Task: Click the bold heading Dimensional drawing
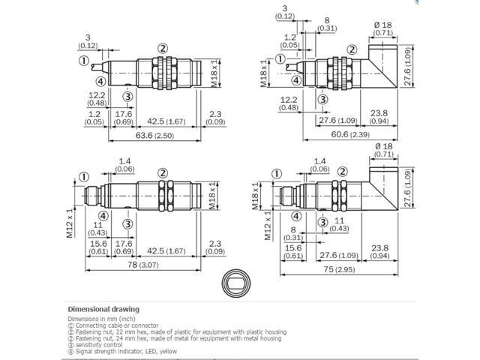(103, 308)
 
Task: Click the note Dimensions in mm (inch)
(101, 318)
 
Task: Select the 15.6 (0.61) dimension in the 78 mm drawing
(98, 248)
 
